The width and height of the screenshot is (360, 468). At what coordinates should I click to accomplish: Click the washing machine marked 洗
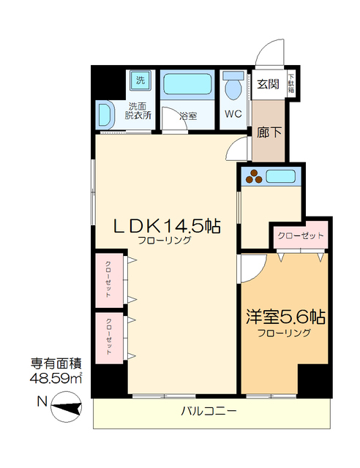click(x=140, y=80)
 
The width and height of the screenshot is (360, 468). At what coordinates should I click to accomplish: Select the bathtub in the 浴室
click(x=187, y=85)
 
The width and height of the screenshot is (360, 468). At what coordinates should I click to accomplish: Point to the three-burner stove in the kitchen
click(x=254, y=176)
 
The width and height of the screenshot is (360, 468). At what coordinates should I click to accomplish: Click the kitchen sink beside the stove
click(x=280, y=177)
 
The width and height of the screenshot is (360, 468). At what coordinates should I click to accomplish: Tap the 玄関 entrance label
click(x=269, y=85)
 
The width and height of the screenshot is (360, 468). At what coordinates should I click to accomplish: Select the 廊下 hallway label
click(x=269, y=132)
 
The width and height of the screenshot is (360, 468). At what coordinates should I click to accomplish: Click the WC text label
click(x=233, y=114)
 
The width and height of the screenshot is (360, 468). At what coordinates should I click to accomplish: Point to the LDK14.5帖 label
click(x=167, y=226)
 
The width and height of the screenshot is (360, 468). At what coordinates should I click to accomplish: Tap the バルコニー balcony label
click(x=209, y=411)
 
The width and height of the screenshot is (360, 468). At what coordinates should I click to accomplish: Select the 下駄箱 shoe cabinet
click(x=291, y=83)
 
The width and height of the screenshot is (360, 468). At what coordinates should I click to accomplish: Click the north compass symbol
click(x=67, y=407)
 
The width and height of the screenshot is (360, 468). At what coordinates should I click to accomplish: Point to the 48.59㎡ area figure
click(x=56, y=379)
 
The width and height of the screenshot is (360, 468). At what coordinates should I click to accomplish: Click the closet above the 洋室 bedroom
click(x=301, y=235)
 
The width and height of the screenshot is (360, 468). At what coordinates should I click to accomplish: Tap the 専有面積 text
click(x=56, y=364)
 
